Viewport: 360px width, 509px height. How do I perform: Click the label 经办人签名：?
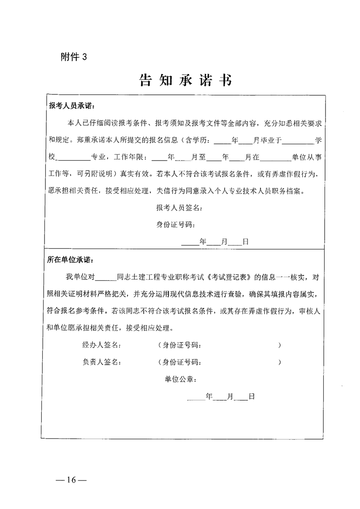click(101, 345)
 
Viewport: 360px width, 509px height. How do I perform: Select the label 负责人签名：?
click(101, 362)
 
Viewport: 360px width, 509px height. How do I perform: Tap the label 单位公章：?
click(181, 379)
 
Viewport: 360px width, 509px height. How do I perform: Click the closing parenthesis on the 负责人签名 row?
click(280, 362)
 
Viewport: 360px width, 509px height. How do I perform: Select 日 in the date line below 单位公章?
click(252, 396)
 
